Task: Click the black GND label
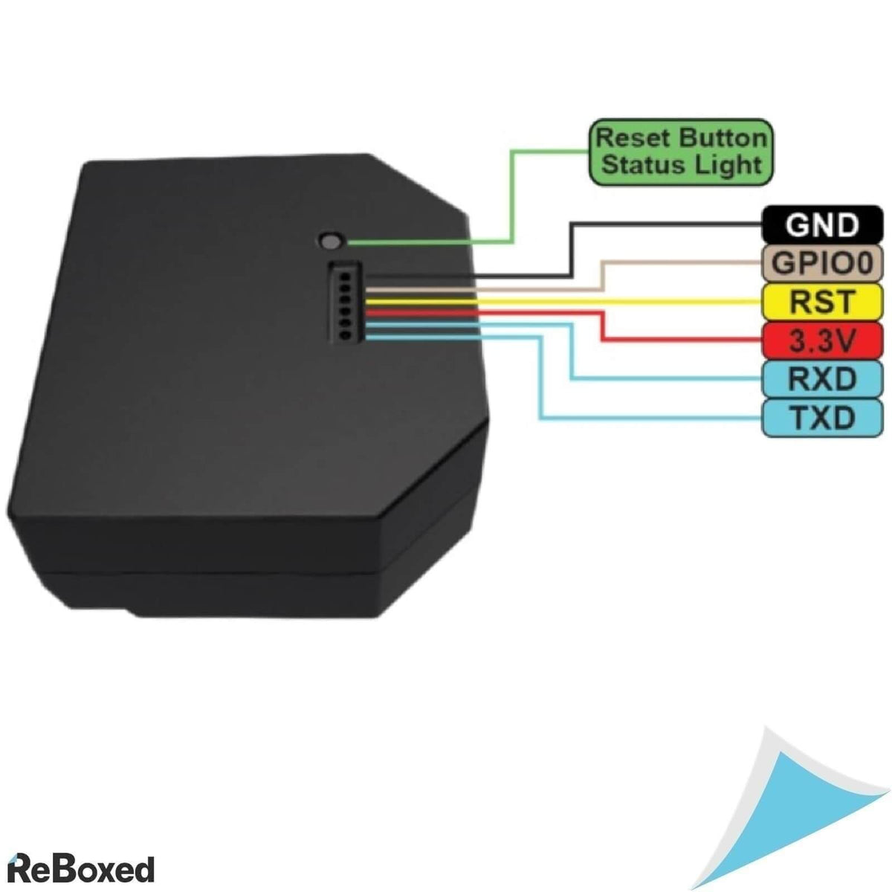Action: tap(821, 224)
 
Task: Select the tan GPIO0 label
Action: tap(821, 262)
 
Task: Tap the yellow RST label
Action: tap(821, 301)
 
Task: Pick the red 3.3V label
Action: tap(821, 340)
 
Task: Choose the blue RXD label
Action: tap(821, 379)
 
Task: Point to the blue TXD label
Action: tap(821, 418)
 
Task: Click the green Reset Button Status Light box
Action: tap(680, 151)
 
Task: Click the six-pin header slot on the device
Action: tap(343, 302)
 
